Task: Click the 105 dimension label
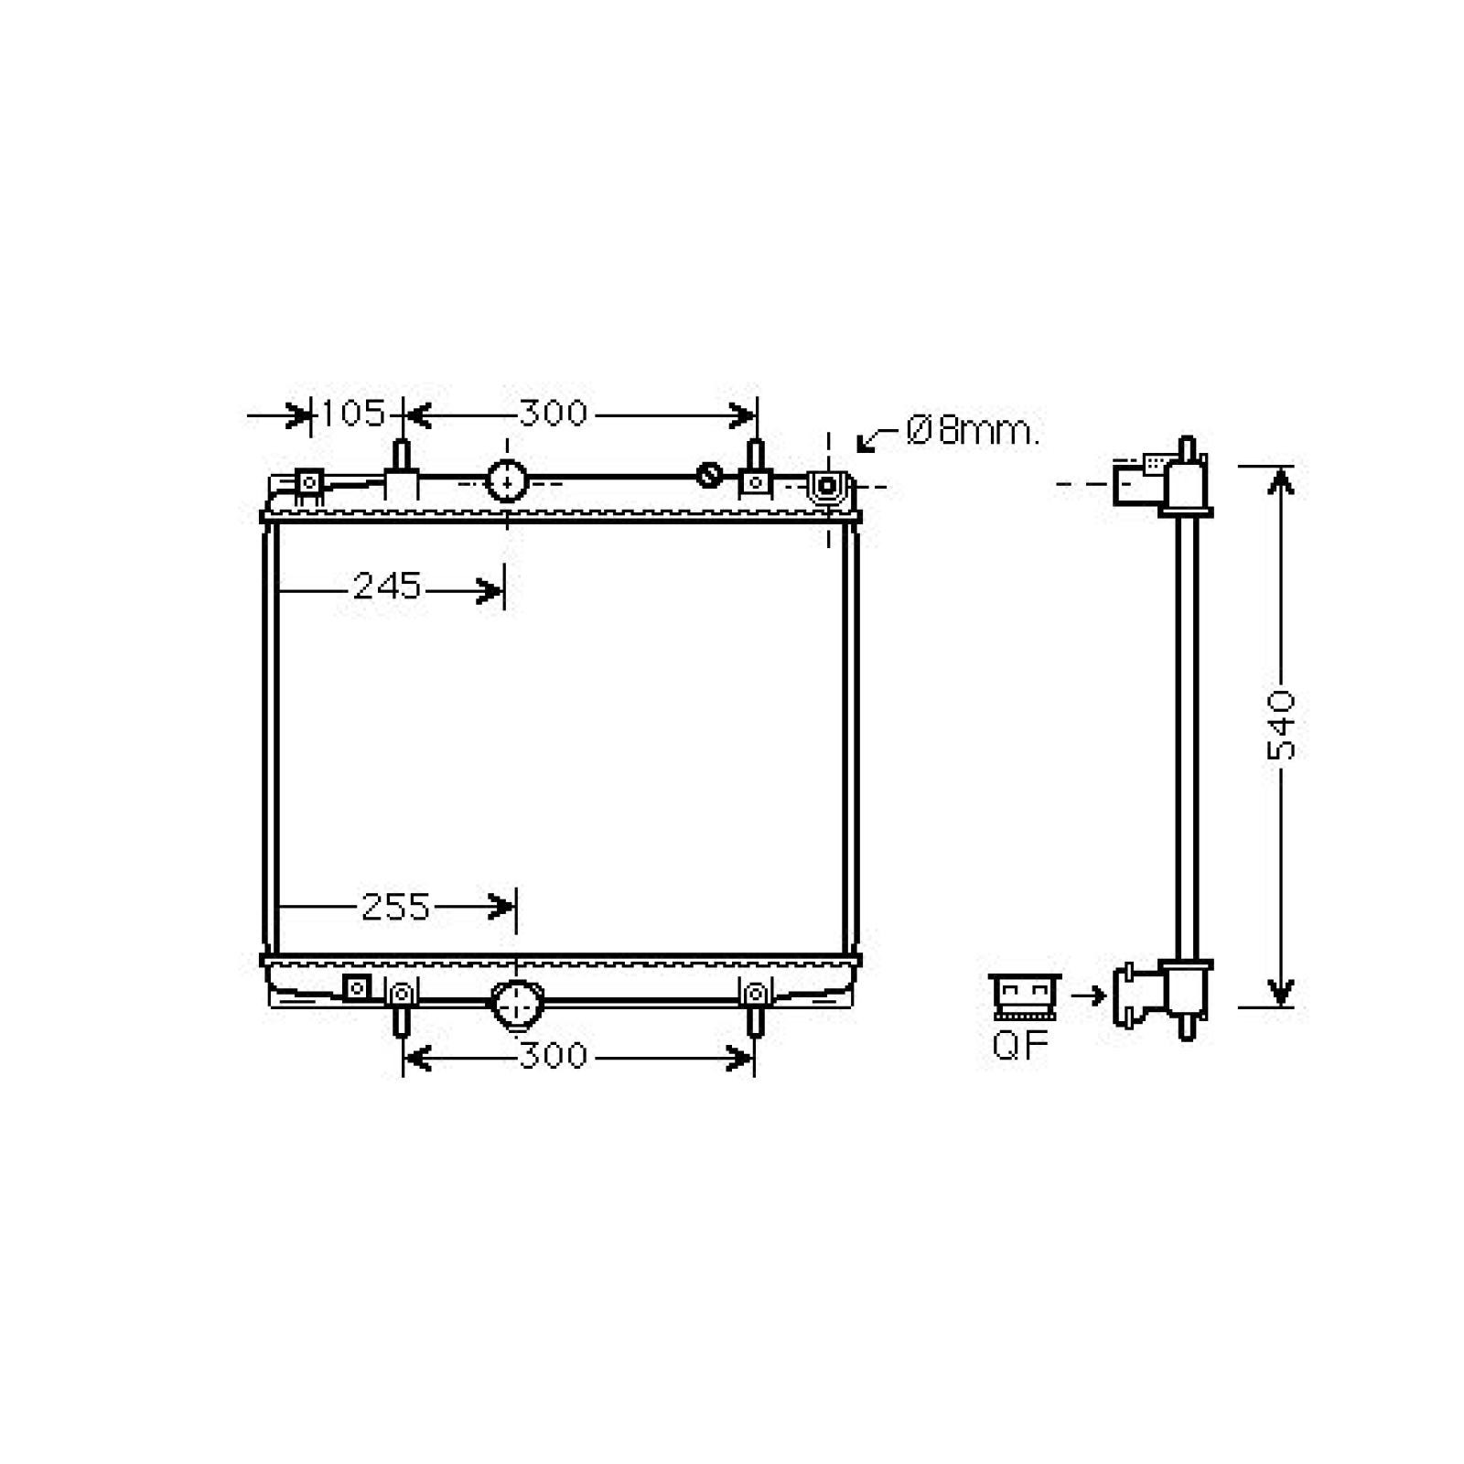click(x=353, y=414)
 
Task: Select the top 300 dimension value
click(x=553, y=414)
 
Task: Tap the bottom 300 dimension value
click(x=553, y=1056)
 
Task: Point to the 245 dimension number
click(x=387, y=587)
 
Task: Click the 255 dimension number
click(x=395, y=907)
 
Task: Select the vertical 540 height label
click(x=1281, y=725)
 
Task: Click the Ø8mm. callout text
click(x=973, y=430)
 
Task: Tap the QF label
click(x=1019, y=1044)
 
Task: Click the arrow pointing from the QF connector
click(x=1088, y=995)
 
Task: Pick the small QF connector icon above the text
click(x=1025, y=997)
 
